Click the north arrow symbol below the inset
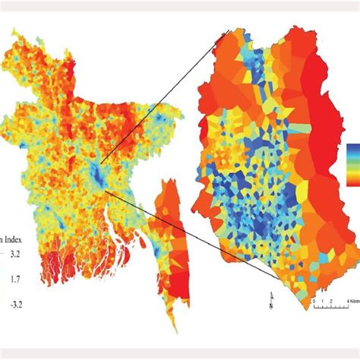click(271, 298)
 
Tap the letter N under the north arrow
click(271, 308)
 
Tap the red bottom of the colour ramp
click(354, 183)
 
